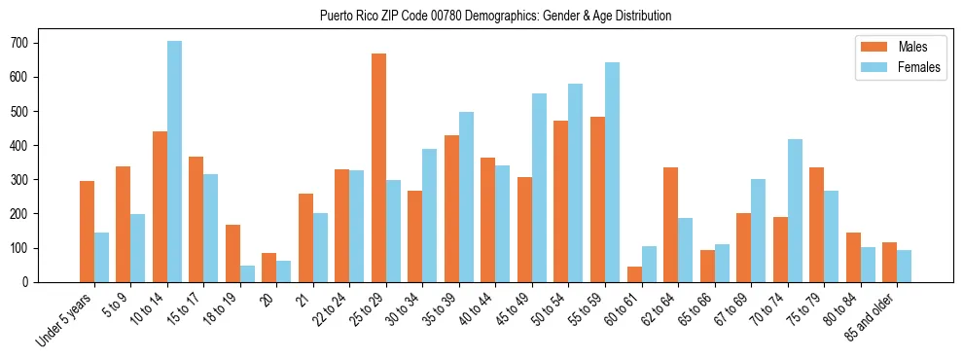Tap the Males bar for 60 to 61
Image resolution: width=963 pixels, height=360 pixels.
pyautogui.click(x=634, y=273)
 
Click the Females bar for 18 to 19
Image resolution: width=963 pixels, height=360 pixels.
pyautogui.click(x=247, y=273)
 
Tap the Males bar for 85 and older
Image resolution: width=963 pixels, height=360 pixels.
pyautogui.click(x=889, y=262)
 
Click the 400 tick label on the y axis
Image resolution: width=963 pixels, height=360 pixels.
pyautogui.click(x=25, y=145)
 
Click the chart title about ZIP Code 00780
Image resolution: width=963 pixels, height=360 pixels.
pyautogui.click(x=495, y=17)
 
